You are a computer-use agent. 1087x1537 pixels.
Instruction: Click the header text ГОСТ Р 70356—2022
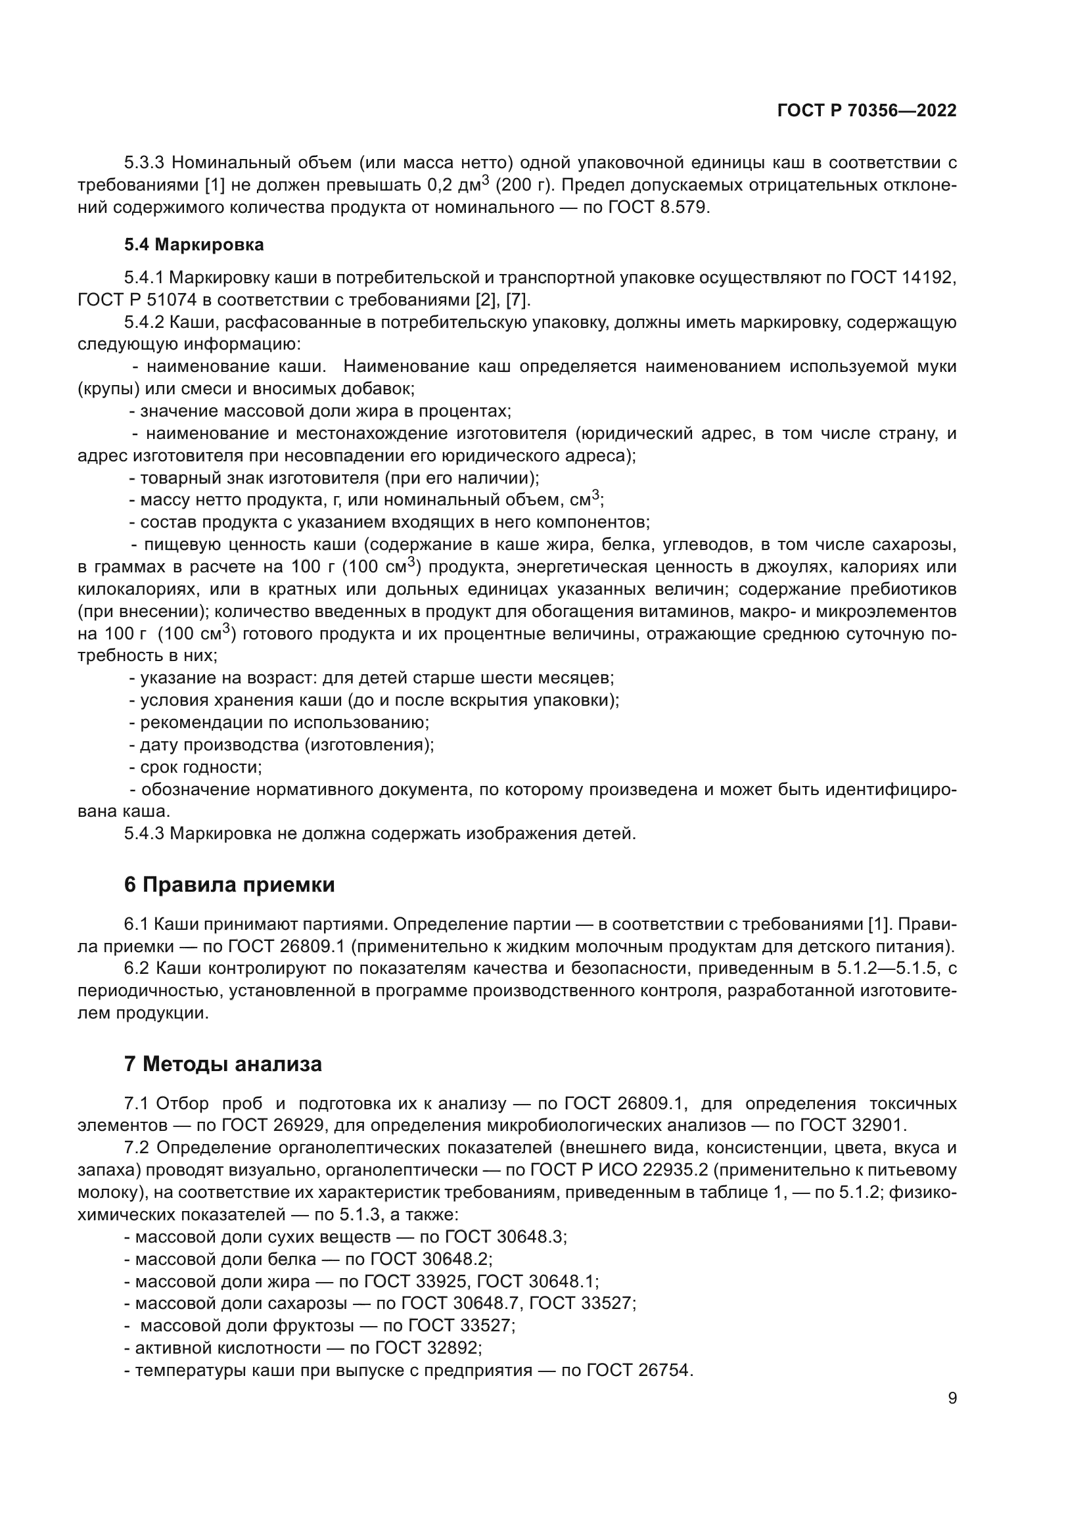[x=866, y=111]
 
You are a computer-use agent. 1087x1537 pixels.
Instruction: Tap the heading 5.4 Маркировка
[x=193, y=245]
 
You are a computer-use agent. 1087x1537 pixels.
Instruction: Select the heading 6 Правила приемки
[x=229, y=885]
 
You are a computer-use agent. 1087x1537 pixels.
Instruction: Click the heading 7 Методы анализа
[x=222, y=1064]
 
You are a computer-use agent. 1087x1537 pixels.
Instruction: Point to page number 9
[x=952, y=1398]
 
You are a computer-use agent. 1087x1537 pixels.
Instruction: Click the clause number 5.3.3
[x=144, y=163]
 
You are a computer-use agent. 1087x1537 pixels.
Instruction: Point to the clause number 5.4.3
[x=144, y=833]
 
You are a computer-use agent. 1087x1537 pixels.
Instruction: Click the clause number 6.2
[x=137, y=968]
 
